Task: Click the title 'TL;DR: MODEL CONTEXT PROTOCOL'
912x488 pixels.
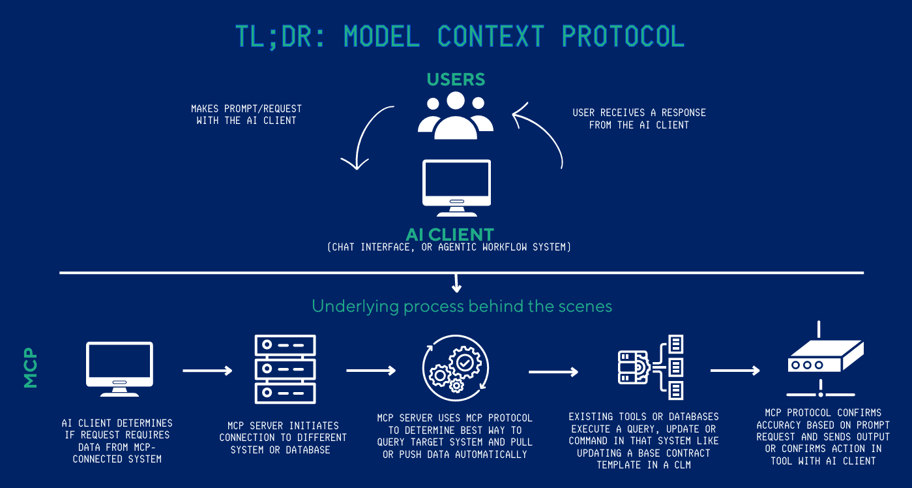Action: tap(460, 37)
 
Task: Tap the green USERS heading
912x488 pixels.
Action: tap(456, 80)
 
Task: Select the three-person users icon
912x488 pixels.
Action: tap(456, 115)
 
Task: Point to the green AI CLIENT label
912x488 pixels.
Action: tap(450, 234)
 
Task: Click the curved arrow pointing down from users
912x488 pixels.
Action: tap(367, 137)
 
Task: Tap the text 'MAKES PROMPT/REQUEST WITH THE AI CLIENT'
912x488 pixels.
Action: tap(246, 114)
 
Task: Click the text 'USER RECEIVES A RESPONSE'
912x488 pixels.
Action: tap(639, 113)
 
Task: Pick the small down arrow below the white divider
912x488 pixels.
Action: tap(456, 283)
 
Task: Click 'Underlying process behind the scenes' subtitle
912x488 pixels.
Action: tap(462, 306)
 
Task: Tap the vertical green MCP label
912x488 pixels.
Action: tap(31, 371)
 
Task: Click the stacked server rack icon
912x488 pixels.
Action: tap(284, 369)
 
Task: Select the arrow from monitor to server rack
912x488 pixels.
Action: tap(207, 371)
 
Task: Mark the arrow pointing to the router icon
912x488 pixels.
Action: tap(735, 371)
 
